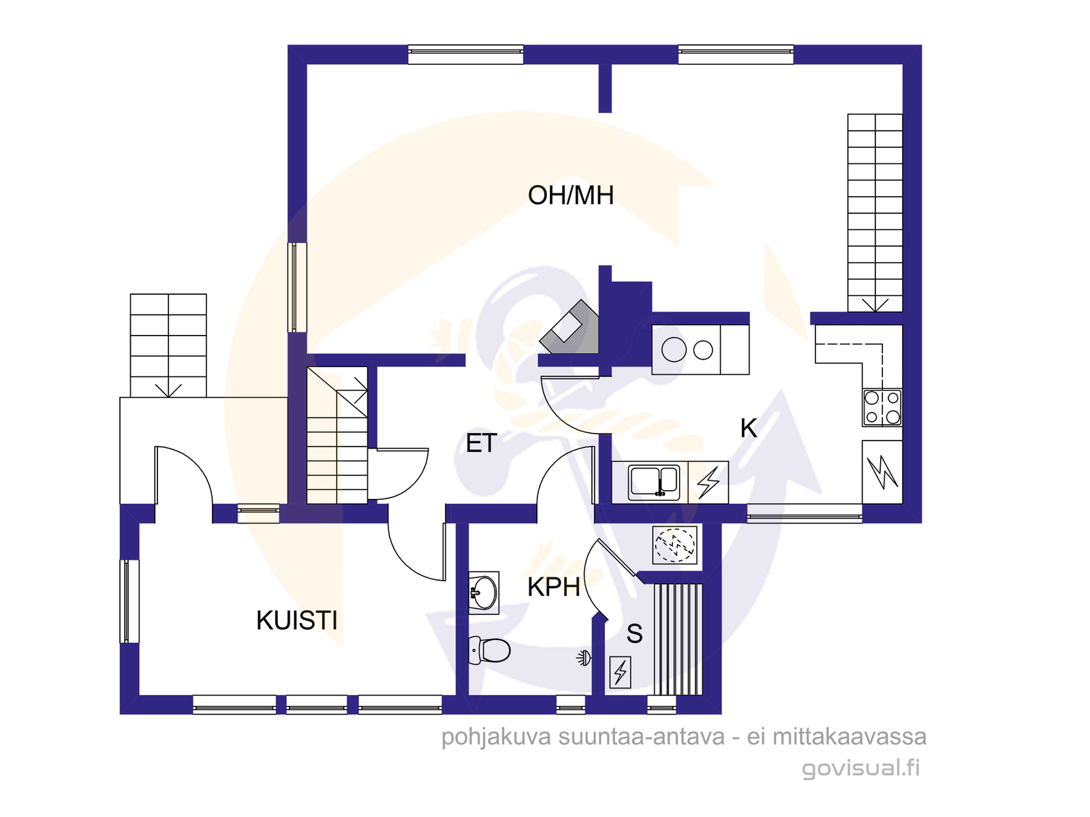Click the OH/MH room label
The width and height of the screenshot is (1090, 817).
coord(571,195)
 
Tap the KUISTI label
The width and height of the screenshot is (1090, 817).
coord(296,620)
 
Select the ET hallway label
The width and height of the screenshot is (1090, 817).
coord(481,443)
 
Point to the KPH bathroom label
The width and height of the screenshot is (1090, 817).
coord(554,588)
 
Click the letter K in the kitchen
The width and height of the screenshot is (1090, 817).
coord(748,428)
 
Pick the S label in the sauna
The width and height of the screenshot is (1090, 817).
coord(635,633)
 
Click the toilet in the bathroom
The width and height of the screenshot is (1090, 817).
coord(489,650)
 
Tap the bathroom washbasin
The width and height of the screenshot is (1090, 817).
coord(484,593)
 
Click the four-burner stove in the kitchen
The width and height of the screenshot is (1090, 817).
coord(882,408)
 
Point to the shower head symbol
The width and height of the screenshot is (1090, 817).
coord(584,659)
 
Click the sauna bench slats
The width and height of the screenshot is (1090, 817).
coord(678,640)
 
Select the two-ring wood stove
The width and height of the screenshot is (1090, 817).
coord(700,350)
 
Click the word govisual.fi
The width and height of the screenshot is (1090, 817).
coord(860,769)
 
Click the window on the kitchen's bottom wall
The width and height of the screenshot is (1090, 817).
coord(805,515)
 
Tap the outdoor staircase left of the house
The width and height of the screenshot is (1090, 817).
coord(168,346)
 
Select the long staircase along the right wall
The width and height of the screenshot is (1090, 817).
coord(875,213)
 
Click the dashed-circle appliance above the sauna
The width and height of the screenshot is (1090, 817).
coord(674,545)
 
